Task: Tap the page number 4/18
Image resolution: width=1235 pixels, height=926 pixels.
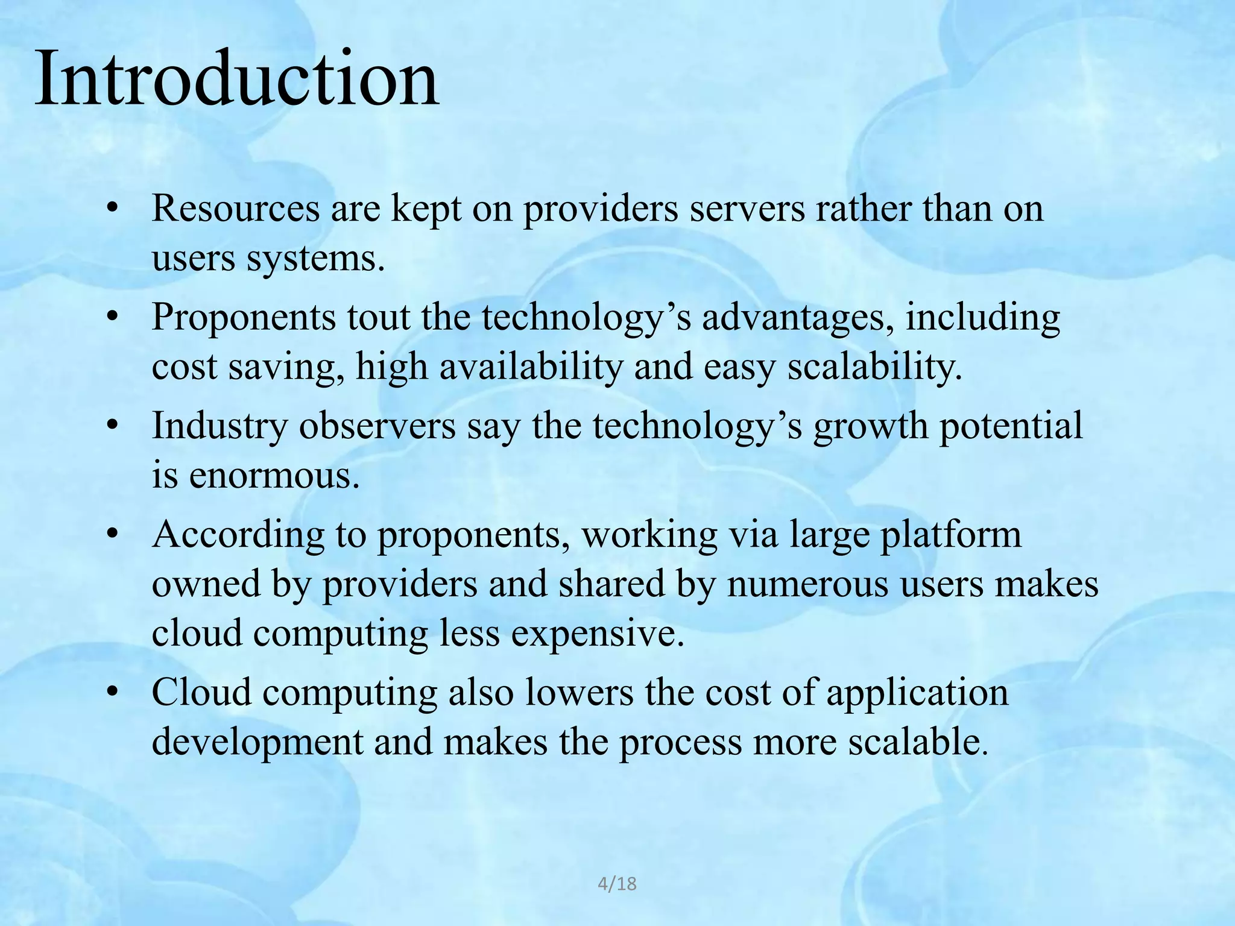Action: click(617, 884)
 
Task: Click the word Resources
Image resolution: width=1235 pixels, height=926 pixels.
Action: click(235, 209)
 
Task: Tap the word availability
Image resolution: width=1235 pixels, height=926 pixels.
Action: click(531, 367)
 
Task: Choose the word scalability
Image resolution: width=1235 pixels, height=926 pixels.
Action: click(874, 367)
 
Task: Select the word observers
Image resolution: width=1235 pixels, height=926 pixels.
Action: click(377, 426)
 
